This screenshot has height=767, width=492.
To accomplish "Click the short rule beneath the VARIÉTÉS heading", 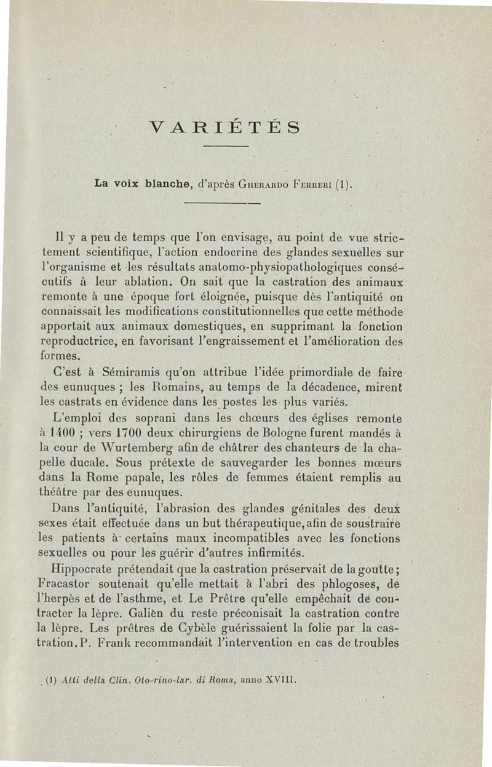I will (225, 147).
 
